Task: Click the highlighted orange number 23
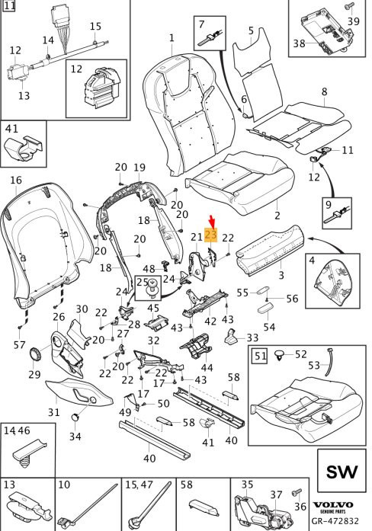point(210,235)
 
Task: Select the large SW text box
point(342,471)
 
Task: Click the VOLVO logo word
point(332,505)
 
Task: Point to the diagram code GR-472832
point(335,521)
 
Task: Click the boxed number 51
point(260,356)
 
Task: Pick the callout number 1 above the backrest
point(172,37)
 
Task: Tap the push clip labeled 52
point(280,355)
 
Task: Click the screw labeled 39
point(349,8)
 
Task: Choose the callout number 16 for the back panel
point(16,180)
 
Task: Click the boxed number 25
point(143,282)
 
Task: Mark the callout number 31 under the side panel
point(54,412)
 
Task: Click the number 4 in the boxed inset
point(312,261)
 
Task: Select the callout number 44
point(207,367)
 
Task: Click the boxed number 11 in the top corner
point(10,6)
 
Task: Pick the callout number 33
point(252,337)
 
